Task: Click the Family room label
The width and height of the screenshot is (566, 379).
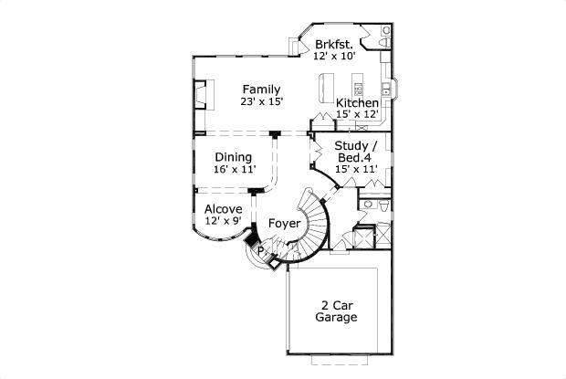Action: coord(261,89)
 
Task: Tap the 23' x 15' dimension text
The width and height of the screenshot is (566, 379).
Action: coord(261,101)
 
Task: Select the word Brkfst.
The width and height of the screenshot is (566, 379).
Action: coord(334,45)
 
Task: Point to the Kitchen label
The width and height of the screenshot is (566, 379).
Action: coord(357,103)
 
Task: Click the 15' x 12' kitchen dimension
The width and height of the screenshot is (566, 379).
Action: coord(357,114)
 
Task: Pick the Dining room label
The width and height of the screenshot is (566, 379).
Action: coord(234,157)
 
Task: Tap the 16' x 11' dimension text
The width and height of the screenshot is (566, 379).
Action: coord(235,169)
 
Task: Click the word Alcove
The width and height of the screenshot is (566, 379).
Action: coord(224,209)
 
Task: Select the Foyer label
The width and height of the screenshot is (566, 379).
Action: coord(285,224)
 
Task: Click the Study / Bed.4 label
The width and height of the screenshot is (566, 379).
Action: coord(356,152)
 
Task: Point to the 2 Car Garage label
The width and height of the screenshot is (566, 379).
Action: coord(336,311)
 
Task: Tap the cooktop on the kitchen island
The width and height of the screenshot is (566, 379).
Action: coord(359,89)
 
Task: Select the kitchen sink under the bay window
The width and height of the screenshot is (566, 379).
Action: coord(386,88)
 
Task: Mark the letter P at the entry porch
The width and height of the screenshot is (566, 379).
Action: coord(260,250)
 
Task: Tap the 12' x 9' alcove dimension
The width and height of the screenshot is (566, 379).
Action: coord(224,220)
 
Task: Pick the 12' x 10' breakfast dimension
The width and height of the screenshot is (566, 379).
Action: coord(335,56)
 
